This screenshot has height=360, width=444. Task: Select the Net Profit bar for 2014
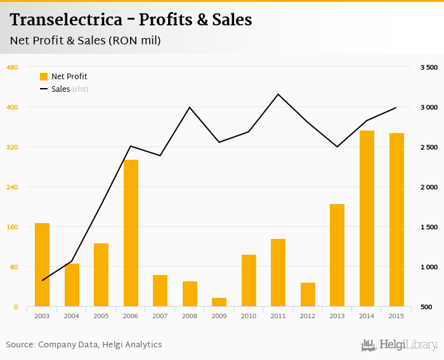(x=367, y=219)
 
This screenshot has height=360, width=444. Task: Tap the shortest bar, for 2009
(x=219, y=302)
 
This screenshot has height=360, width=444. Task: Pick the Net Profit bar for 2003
(x=42, y=265)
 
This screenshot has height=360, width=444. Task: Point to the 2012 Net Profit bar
(x=308, y=295)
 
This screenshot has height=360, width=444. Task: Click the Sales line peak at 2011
(x=278, y=94)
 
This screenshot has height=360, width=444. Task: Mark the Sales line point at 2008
(x=190, y=107)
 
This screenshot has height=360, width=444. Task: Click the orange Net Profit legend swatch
(x=44, y=77)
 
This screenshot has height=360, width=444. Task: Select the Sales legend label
(x=60, y=89)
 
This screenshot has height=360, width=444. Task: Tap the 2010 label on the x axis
(x=249, y=315)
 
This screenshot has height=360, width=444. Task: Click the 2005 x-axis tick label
(x=101, y=315)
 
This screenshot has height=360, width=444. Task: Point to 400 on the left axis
(x=12, y=107)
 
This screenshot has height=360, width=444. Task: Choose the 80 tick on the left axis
(x=14, y=267)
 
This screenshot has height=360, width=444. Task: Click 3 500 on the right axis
(x=429, y=67)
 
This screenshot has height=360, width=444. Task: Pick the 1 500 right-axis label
(x=429, y=227)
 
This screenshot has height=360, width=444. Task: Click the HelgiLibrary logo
(x=400, y=345)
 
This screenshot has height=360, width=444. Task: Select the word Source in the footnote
(x=20, y=345)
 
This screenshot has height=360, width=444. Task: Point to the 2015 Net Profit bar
(x=396, y=220)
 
